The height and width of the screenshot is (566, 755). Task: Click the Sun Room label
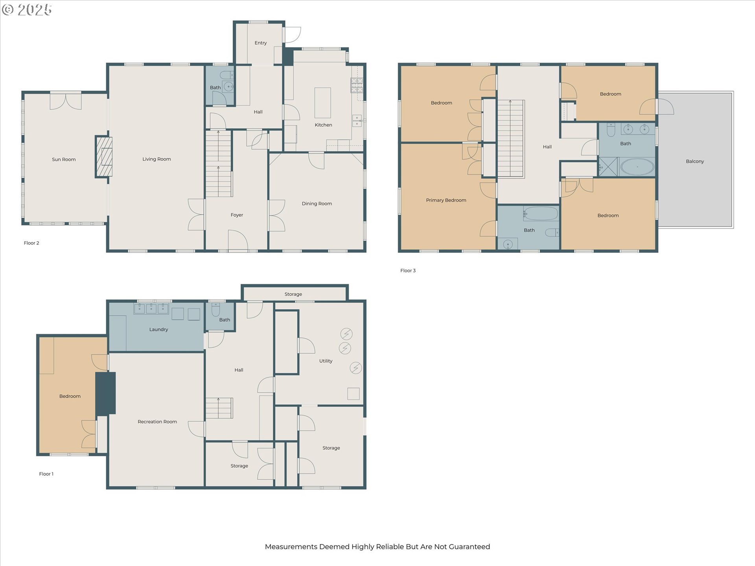[64, 159]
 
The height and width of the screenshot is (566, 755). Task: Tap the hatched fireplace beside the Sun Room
[104, 157]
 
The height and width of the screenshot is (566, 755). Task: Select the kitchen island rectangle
[322, 103]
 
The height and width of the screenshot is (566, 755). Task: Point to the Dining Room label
[317, 204]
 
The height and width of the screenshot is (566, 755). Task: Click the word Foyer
[237, 215]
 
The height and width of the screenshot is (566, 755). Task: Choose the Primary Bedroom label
[446, 200]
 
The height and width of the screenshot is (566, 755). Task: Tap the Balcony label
[695, 161]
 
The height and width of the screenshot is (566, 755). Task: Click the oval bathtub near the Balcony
[637, 167]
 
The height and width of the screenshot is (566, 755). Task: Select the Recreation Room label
[157, 422]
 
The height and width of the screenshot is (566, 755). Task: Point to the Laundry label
[158, 329]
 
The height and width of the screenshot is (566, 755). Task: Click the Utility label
[326, 361]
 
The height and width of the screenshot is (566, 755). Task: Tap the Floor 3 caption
[408, 270]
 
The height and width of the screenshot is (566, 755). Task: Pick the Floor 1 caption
[46, 474]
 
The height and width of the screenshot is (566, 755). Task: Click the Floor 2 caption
[31, 243]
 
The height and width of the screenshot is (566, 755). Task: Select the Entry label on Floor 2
[260, 43]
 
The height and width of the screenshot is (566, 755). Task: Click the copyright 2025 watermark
[27, 9]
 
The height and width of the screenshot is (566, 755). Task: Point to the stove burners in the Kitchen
[357, 85]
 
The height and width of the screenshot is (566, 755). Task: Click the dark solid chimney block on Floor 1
[105, 393]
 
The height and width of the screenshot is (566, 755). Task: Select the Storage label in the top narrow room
[293, 294]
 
